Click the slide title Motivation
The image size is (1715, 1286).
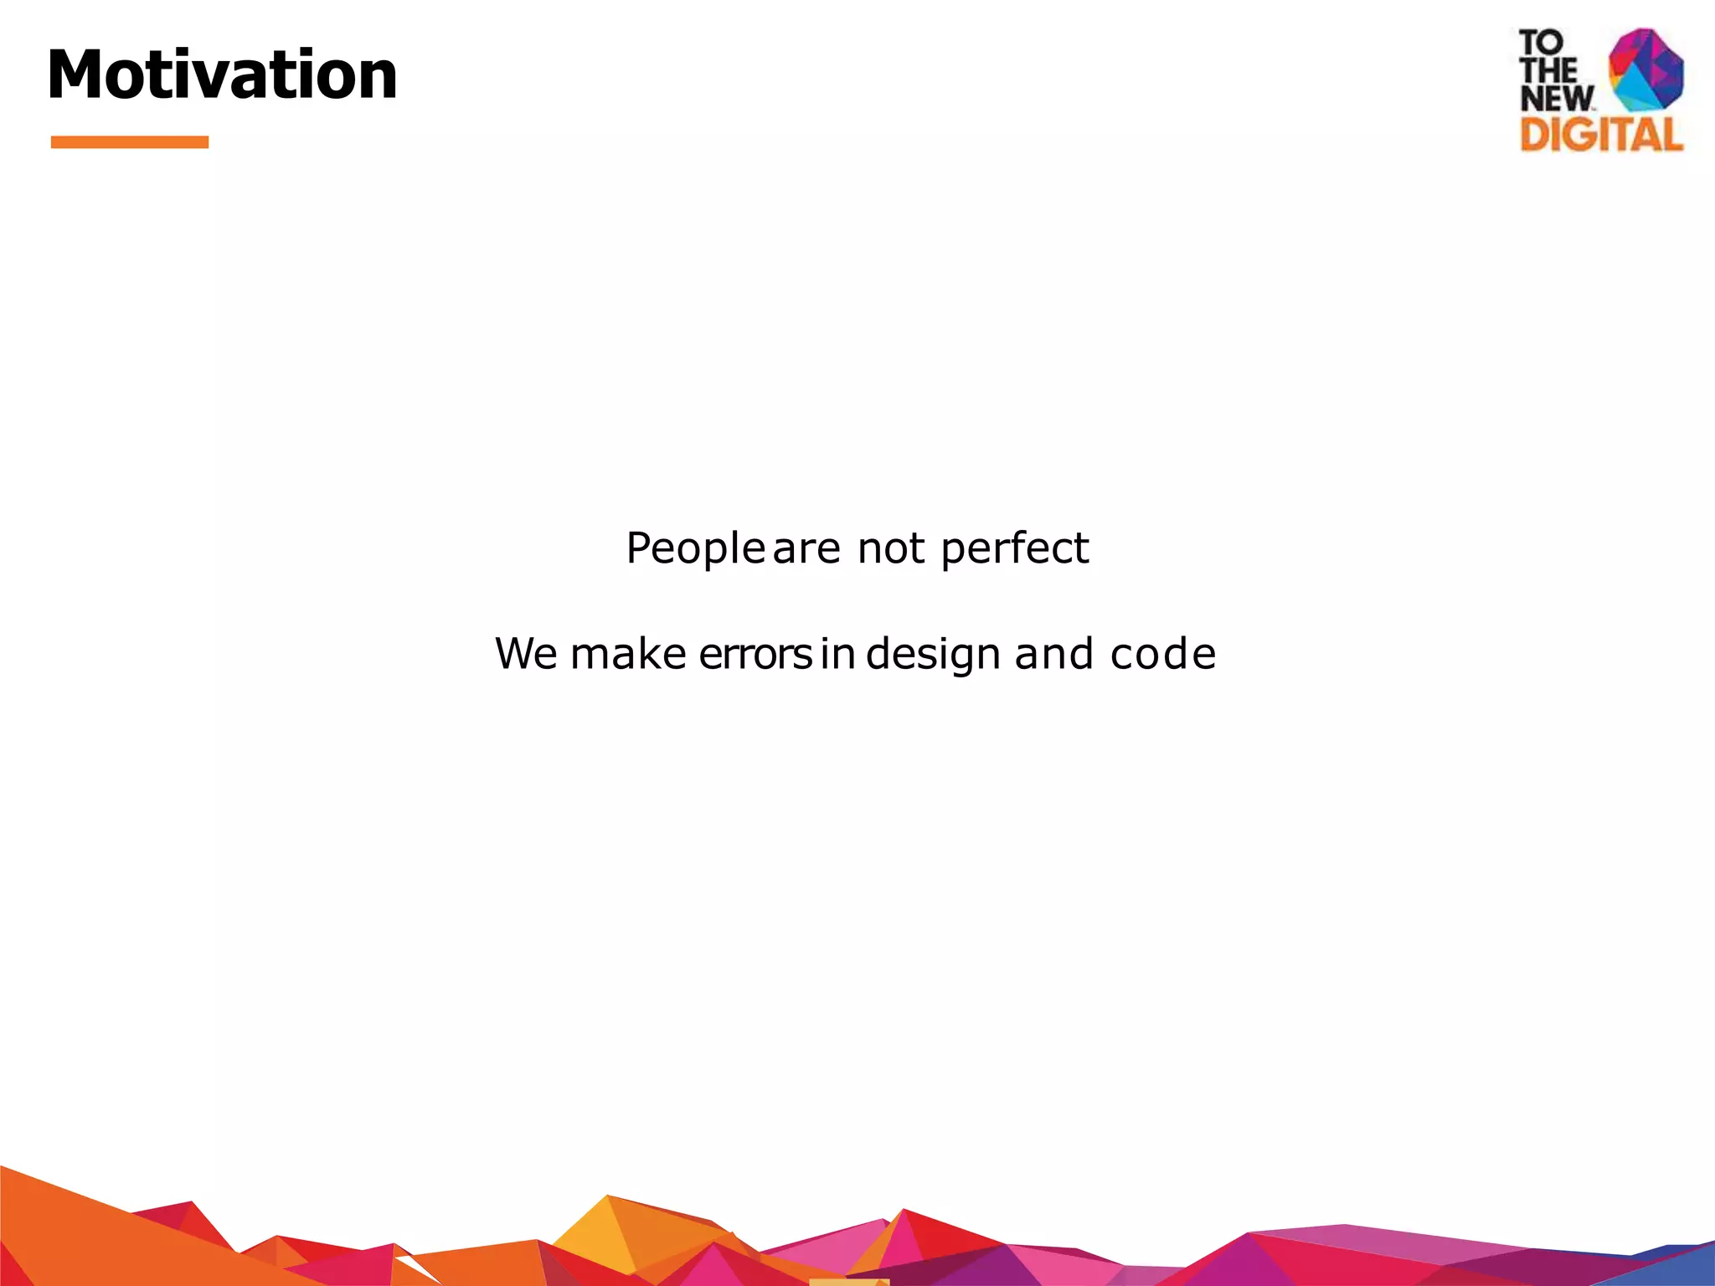pos(222,75)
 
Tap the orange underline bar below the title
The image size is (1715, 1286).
pos(129,142)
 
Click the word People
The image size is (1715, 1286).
pos(694,549)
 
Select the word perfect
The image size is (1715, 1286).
pos(1014,549)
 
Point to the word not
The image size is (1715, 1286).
pos(891,549)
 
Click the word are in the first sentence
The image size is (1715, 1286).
pos(806,549)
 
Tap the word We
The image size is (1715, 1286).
pos(526,654)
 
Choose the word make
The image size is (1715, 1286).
pos(628,654)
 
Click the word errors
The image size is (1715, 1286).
pos(755,654)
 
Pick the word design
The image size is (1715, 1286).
pos(933,654)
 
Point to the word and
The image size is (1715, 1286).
pos(1053,654)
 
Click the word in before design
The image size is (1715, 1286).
pos(837,654)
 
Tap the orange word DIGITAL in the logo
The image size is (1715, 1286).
pos(1600,135)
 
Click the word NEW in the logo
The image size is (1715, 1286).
pos(1556,99)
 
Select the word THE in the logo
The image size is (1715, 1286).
pos(1548,70)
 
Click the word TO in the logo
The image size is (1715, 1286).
pos(1541,42)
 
